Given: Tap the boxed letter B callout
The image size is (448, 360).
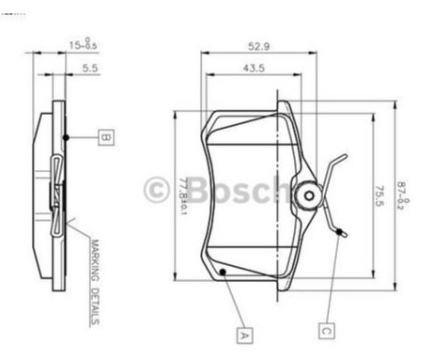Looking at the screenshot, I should click(106, 138).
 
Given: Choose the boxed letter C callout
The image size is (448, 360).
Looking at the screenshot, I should click(326, 330).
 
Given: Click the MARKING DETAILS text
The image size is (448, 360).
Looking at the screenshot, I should click(96, 282).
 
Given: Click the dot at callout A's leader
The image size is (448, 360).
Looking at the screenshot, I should click(223, 272).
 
